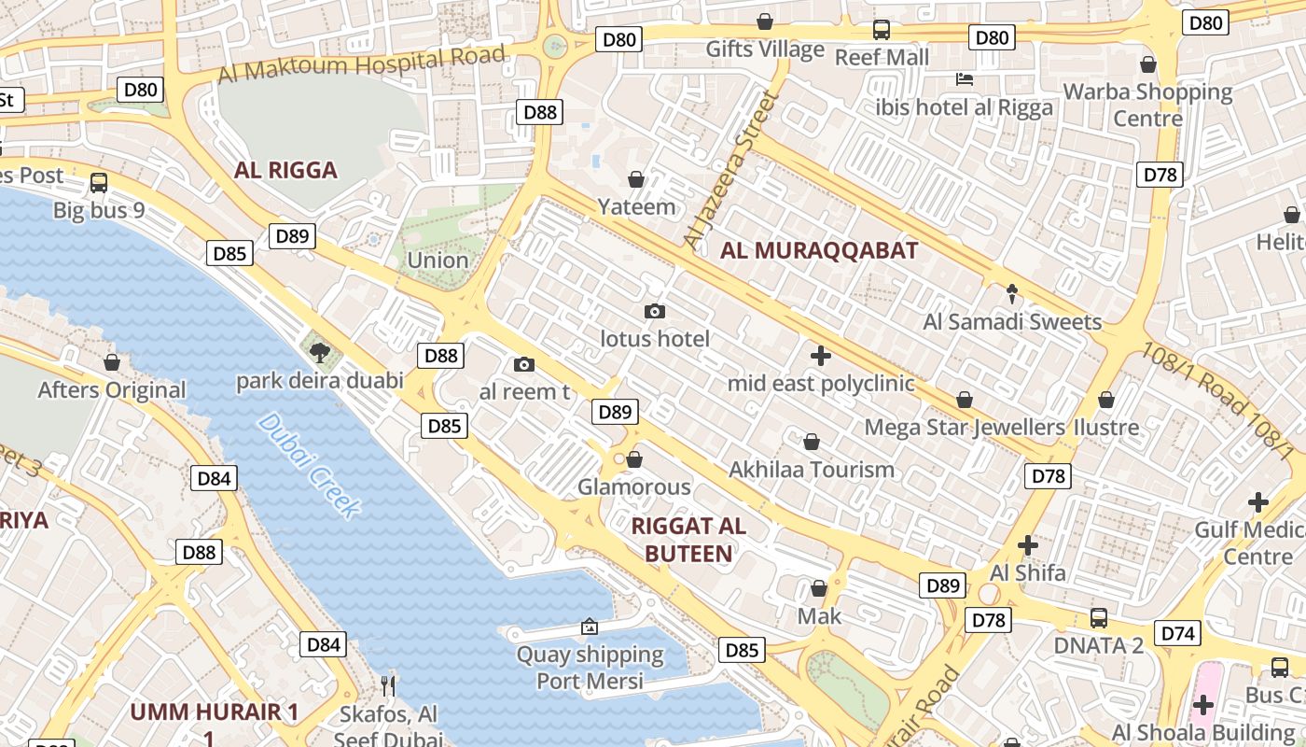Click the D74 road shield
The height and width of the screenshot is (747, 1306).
1178,633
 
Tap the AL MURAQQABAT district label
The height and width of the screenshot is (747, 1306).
819,250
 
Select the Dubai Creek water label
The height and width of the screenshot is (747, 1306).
308,465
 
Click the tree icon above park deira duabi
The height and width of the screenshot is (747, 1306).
320,352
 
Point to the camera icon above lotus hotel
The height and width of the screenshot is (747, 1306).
655,311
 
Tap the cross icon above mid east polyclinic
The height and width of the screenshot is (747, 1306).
821,356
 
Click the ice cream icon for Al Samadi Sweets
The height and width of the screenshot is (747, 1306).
1012,294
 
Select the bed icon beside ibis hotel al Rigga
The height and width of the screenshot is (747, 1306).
965,79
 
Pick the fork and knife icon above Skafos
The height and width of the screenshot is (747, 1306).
388,686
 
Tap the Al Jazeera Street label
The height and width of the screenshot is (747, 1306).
730,170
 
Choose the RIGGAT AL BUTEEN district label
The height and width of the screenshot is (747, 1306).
688,540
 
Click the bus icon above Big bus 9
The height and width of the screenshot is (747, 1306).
99,182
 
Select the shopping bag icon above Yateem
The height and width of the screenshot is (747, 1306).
636,178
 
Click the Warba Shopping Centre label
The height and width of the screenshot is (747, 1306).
1147,105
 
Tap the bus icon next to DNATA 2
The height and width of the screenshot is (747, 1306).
1099,617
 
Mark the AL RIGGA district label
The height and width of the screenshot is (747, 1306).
285,170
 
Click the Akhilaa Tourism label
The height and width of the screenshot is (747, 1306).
812,469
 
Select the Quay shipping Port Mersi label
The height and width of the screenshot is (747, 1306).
590,668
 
